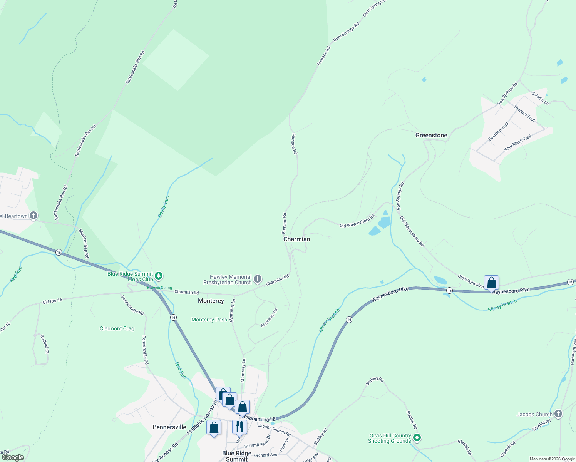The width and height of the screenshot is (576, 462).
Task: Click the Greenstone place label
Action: [431, 135]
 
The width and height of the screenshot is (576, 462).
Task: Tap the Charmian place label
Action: [296, 239]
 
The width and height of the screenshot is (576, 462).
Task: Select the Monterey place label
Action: [211, 301]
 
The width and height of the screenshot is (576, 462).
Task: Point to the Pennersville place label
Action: [169, 427]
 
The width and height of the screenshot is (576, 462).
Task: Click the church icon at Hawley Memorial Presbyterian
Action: [258, 279]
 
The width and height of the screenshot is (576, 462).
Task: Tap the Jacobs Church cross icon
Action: [558, 414]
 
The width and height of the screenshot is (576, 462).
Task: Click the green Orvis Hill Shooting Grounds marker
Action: [417, 437]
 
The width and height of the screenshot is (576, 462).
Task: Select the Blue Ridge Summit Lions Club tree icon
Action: [159, 276]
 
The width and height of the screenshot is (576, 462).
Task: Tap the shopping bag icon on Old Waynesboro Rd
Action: [491, 283]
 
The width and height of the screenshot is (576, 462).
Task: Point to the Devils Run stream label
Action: [164, 207]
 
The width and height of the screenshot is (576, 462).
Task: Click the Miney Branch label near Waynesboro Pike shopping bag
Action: [502, 306]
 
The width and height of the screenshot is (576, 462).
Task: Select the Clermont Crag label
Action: [117, 328]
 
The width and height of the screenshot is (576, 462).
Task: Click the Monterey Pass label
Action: [209, 320]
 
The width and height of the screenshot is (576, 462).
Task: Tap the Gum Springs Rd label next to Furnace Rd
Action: [346, 32]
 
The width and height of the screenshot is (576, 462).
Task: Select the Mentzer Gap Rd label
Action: [84, 244]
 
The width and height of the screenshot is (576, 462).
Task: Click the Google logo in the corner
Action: [13, 457]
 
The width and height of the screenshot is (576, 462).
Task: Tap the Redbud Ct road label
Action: [44, 344]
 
